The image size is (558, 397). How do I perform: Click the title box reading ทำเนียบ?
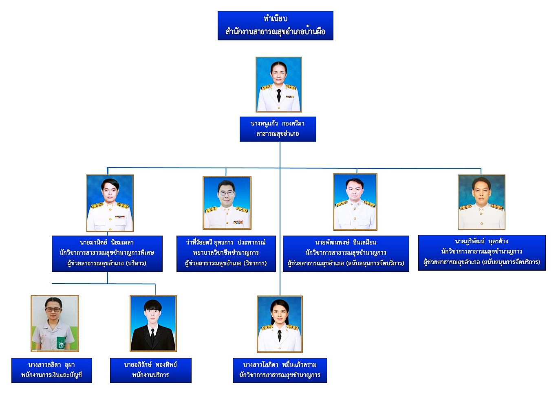click(x=275, y=25)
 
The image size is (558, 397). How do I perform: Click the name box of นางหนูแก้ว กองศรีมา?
click(x=278, y=129)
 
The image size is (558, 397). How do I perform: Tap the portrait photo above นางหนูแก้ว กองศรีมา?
click(x=278, y=84)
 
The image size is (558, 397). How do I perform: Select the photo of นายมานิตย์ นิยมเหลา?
click(x=110, y=203)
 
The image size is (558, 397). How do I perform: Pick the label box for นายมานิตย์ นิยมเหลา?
click(x=107, y=253)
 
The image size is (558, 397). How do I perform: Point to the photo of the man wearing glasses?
click(x=227, y=203)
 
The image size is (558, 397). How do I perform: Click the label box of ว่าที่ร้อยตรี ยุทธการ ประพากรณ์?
click(x=226, y=253)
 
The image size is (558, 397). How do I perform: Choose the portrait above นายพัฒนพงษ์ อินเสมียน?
click(x=355, y=202)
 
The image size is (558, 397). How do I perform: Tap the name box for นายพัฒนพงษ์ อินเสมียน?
click(x=346, y=253)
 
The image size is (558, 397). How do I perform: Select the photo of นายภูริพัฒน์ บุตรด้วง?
click(x=481, y=202)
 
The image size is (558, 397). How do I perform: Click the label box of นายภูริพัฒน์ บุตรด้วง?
click(x=481, y=252)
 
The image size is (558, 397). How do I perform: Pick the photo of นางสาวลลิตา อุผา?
click(x=55, y=323)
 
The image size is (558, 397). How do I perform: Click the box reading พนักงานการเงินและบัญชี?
click(x=51, y=371)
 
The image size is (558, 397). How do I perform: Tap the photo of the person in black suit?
click(x=153, y=323)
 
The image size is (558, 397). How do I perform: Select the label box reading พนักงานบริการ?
click(x=150, y=371)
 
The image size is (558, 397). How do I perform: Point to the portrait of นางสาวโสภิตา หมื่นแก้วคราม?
click(x=280, y=324)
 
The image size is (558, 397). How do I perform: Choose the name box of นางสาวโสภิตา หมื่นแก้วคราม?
click(x=280, y=371)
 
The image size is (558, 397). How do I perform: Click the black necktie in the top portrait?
click(x=279, y=96)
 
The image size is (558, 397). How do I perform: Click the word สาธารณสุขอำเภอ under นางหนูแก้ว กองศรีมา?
click(x=278, y=134)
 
